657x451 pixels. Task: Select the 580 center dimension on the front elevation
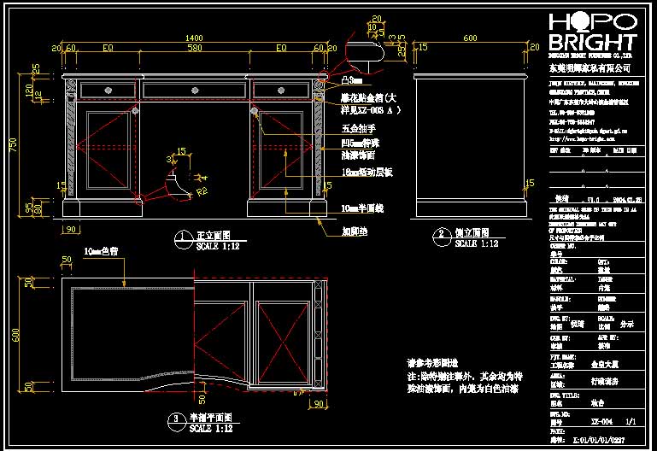194,49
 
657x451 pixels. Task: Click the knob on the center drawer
196,90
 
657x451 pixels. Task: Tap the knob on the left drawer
109,90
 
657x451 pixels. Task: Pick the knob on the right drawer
280,90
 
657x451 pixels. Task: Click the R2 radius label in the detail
202,193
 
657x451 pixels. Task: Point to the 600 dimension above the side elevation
470,38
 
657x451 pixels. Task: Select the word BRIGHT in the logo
592,43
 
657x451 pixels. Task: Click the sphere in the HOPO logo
581,21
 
